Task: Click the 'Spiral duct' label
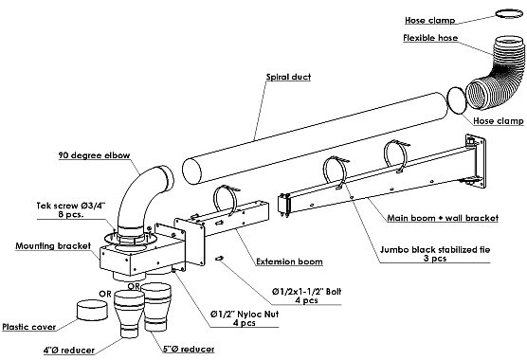(x=288, y=77)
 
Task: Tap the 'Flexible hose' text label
(x=430, y=38)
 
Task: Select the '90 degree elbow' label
(x=94, y=155)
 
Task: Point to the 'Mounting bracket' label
(x=53, y=245)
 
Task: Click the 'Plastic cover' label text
(x=28, y=327)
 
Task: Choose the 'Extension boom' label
(x=289, y=261)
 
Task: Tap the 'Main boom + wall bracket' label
(x=443, y=218)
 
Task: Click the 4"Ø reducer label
(x=69, y=351)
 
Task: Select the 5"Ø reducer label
(x=189, y=350)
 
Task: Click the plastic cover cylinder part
(x=92, y=310)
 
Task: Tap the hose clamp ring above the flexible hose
(x=509, y=13)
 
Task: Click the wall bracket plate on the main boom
(x=476, y=160)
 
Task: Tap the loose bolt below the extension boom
(x=220, y=259)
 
